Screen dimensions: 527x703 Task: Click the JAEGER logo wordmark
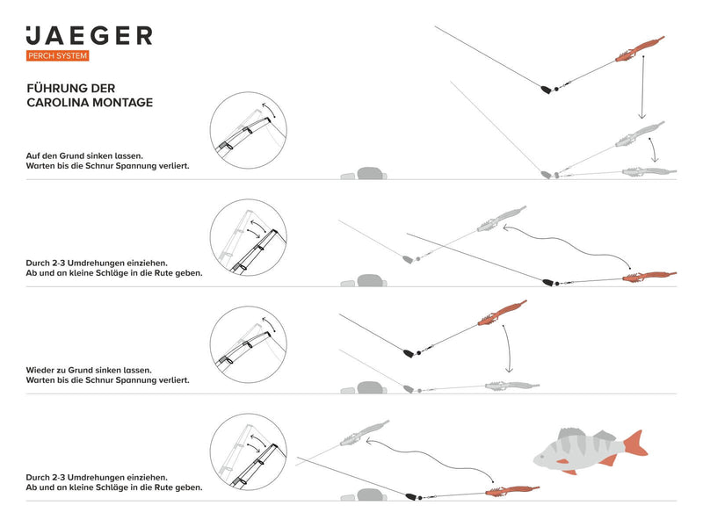click(89, 36)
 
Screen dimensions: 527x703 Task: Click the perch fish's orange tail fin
click(635, 444)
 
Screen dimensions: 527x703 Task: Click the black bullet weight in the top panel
click(546, 89)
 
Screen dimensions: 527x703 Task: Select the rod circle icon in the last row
click(249, 451)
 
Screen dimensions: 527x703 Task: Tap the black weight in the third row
click(409, 353)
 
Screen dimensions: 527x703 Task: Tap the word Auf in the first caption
click(34, 155)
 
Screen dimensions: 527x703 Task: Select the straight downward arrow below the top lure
click(642, 88)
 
